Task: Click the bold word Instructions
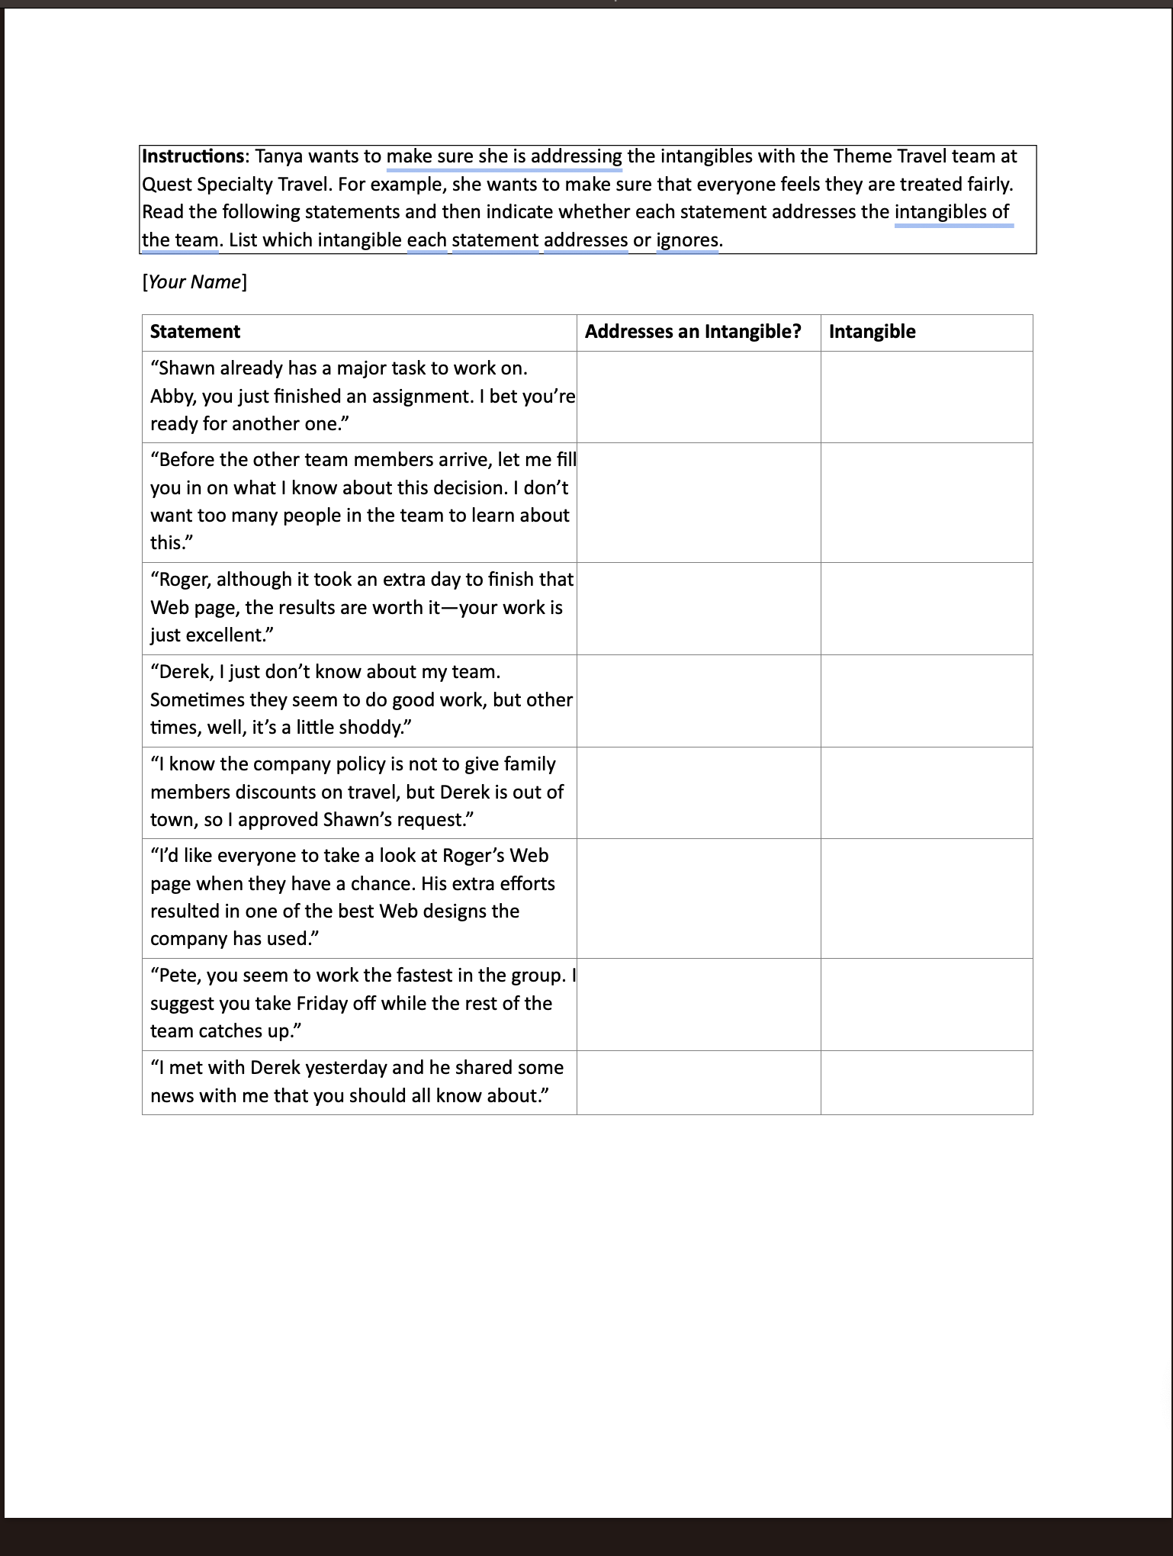tap(192, 156)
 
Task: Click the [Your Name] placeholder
tap(194, 282)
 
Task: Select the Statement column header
tap(195, 332)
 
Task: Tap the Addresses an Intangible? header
tap(693, 332)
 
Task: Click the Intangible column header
tap(872, 332)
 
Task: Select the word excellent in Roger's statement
tap(221, 635)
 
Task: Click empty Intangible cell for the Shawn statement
tap(926, 397)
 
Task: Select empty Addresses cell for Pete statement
tap(698, 1004)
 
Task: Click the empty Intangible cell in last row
tap(926, 1082)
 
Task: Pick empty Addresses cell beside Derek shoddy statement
tap(698, 700)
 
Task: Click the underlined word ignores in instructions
tap(687, 240)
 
